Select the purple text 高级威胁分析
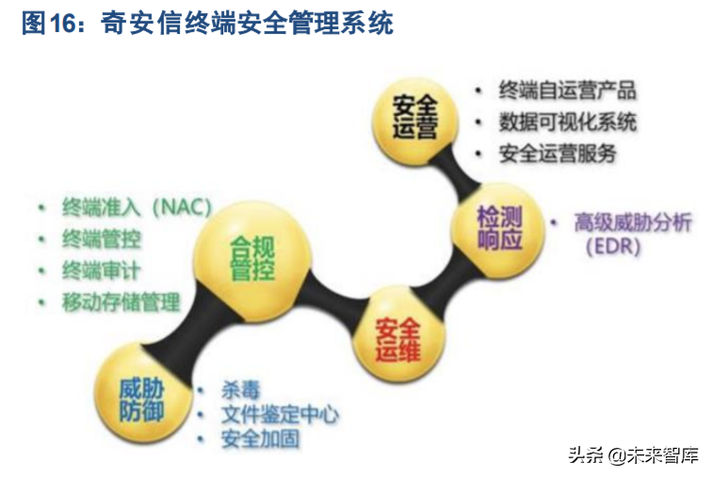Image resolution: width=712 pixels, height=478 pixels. point(633,223)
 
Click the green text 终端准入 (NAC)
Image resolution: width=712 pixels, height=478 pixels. point(137,207)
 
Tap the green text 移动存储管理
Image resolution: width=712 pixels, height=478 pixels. point(121,303)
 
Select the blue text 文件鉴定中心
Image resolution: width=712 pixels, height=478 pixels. point(280,414)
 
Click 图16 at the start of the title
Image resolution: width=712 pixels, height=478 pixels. point(46,24)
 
